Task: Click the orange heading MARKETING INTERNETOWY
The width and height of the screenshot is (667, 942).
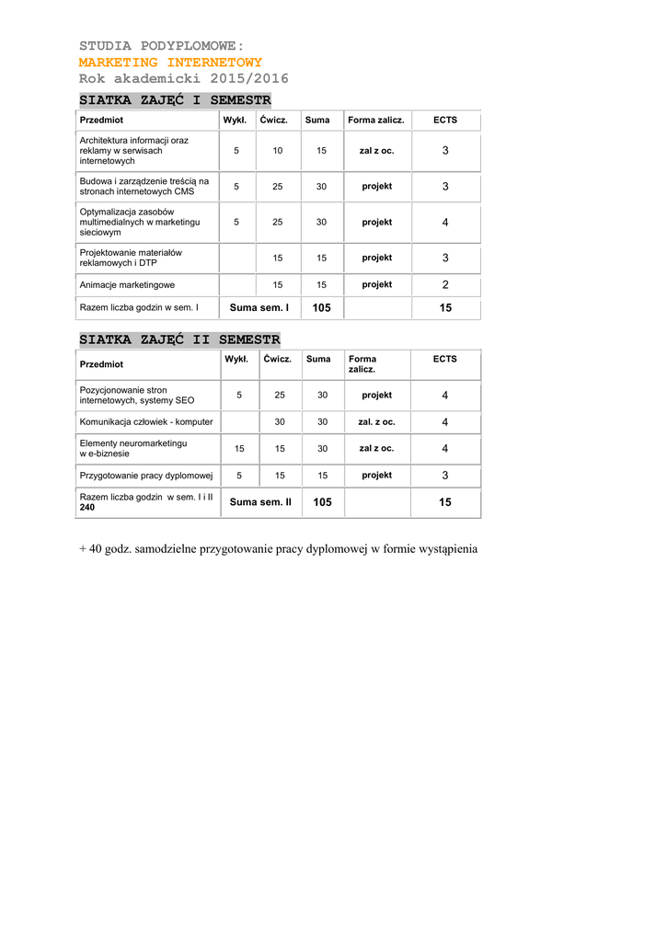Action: click(170, 62)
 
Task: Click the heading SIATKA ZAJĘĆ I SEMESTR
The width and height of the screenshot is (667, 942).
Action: click(175, 99)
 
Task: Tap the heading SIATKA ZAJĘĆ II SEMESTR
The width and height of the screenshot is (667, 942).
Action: click(179, 339)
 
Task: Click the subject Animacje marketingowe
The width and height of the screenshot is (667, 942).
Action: click(127, 285)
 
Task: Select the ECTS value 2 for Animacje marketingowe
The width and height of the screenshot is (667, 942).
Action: click(445, 285)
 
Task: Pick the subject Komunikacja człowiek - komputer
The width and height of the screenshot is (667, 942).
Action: click(146, 422)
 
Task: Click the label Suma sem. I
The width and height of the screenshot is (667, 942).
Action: click(259, 308)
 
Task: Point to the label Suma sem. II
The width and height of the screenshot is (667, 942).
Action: click(260, 502)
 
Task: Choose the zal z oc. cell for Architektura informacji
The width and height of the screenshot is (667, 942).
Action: click(376, 150)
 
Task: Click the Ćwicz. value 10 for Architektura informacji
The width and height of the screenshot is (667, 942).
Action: click(278, 150)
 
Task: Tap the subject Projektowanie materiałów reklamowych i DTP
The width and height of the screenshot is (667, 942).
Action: click(131, 258)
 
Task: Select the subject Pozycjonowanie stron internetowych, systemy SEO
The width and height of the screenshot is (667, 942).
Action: click(137, 396)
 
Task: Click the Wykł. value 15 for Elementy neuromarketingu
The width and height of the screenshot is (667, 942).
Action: click(239, 449)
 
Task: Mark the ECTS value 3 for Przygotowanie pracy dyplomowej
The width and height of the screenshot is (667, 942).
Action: click(445, 476)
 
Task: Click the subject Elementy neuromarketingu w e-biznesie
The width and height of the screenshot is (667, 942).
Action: click(133, 448)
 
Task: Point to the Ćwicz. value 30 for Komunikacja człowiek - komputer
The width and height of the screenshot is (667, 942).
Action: click(280, 422)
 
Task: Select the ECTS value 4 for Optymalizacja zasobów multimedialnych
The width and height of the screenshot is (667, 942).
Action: click(445, 223)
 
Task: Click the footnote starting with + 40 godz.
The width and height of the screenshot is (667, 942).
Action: click(279, 549)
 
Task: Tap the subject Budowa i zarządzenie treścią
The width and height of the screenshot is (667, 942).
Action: click(144, 186)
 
